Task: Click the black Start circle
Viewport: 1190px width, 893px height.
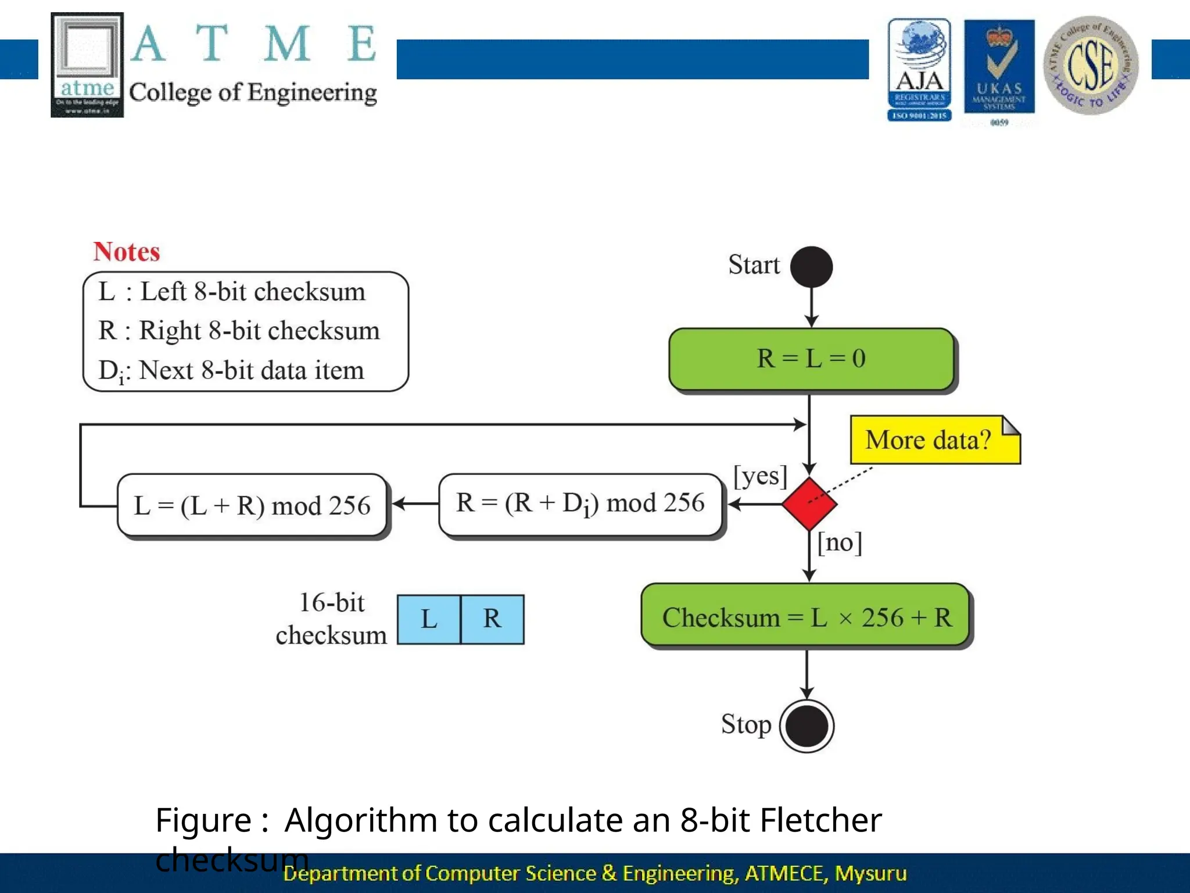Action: [x=811, y=267]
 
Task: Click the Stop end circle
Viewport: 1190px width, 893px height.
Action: [x=807, y=726]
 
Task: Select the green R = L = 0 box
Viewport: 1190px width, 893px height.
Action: [x=811, y=359]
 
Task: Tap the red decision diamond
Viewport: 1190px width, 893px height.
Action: [x=809, y=503]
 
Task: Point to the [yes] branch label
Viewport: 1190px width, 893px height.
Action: [x=760, y=476]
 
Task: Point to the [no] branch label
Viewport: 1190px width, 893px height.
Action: [x=840, y=542]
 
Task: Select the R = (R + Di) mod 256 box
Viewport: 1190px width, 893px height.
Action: [x=580, y=504]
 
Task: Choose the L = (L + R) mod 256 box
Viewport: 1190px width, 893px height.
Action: [x=252, y=505]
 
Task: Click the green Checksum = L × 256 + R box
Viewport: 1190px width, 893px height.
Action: [x=807, y=617]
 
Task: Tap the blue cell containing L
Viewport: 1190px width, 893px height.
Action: [x=429, y=619]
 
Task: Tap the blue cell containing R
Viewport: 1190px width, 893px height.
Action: [x=492, y=619]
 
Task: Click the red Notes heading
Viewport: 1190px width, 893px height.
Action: [x=126, y=252]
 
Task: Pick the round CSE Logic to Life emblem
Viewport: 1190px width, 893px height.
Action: [x=1090, y=66]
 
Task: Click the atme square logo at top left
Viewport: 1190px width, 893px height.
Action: [x=87, y=65]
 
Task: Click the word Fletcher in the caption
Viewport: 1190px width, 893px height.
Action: [x=820, y=820]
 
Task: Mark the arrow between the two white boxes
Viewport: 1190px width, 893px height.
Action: [x=415, y=503]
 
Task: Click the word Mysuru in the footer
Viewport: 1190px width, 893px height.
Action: [x=870, y=873]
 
